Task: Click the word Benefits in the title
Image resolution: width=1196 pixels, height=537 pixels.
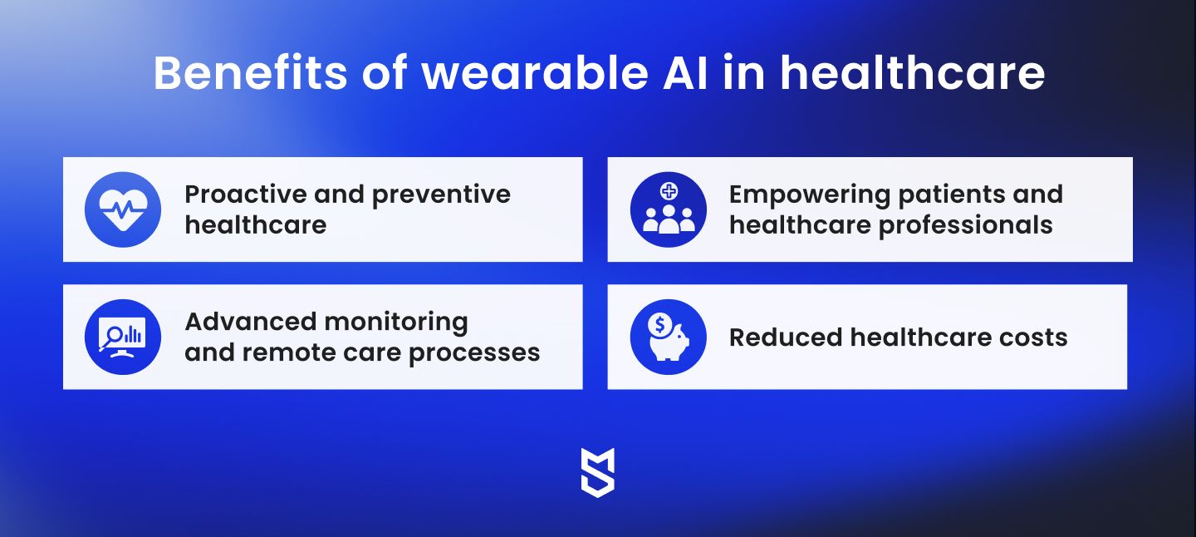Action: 251,72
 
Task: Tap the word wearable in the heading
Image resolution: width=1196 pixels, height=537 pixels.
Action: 535,72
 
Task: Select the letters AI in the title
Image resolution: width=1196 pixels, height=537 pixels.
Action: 685,72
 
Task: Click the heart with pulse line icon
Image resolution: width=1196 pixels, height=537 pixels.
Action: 123,209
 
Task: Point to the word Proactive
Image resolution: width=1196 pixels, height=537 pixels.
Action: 246,194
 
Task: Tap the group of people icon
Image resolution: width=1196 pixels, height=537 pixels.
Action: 669,219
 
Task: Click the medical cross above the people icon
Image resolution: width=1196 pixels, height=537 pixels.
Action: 669,190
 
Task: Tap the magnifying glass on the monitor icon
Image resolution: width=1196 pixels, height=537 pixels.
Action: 111,337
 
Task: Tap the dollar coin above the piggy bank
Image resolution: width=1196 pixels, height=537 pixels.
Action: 660,324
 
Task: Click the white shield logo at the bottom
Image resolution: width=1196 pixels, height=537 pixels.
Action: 598,473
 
